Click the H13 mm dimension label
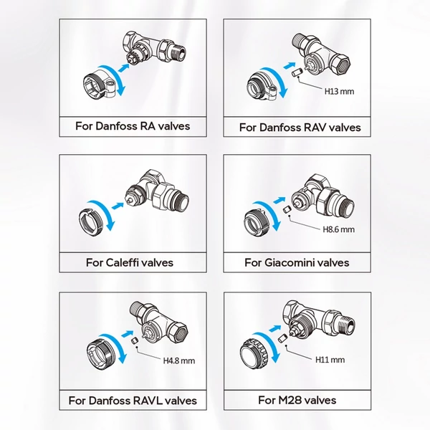click(x=339, y=91)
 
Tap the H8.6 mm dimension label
click(x=339, y=229)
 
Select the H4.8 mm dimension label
click(x=179, y=360)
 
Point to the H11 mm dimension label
click(x=330, y=360)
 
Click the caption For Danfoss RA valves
click(x=133, y=126)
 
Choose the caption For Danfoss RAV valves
click(x=300, y=128)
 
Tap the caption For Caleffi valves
click(x=130, y=263)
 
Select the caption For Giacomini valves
click(x=297, y=263)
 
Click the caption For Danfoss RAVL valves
click(x=133, y=401)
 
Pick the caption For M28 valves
click(x=297, y=400)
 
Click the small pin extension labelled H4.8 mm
click(x=134, y=341)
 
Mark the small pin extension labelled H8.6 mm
click(x=287, y=209)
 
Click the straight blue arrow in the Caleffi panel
click(x=118, y=206)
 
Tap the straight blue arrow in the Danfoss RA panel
click(x=124, y=68)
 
